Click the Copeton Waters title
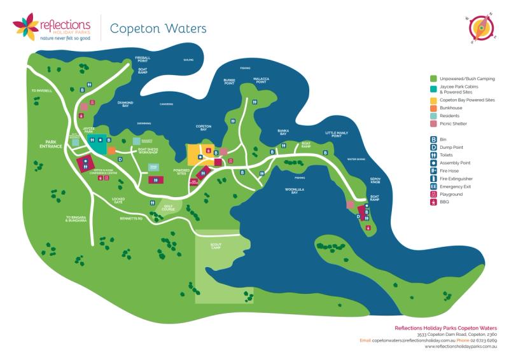pyautogui.click(x=158, y=29)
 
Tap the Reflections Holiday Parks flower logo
pyautogui.click(x=25, y=27)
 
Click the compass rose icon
pyautogui.click(x=478, y=28)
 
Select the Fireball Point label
pyautogui.click(x=143, y=60)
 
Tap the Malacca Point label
pyautogui.click(x=261, y=81)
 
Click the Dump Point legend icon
pyautogui.click(x=433, y=147)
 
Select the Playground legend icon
pyautogui.click(x=433, y=194)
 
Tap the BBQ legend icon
pyautogui.click(x=433, y=202)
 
